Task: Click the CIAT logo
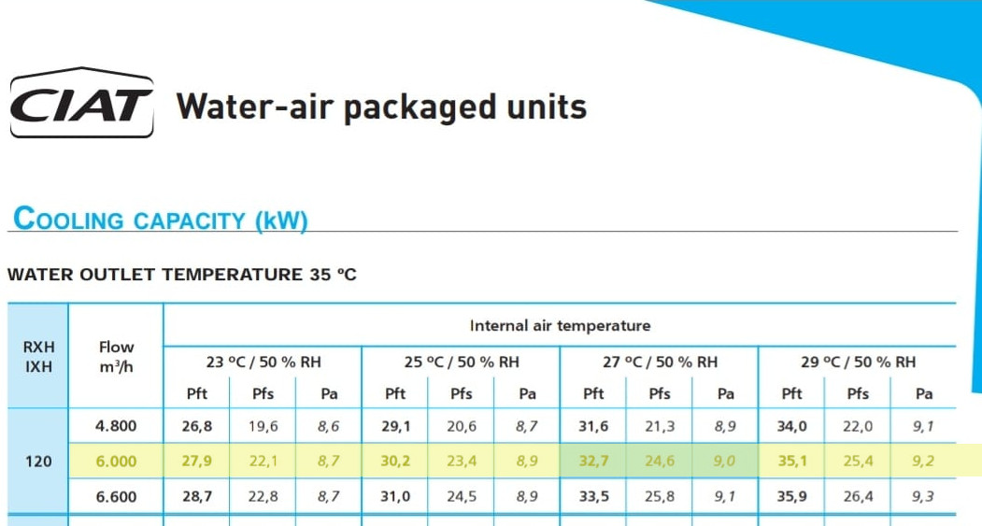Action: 81,102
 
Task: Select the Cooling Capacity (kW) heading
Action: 161,220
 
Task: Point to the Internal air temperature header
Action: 560,326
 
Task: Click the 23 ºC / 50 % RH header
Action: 263,362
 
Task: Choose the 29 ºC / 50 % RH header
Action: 858,362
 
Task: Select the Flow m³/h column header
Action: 116,356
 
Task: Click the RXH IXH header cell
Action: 39,356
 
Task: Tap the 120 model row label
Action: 38,462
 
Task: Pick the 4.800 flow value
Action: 116,426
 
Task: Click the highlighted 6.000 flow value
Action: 116,462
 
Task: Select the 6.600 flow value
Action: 116,496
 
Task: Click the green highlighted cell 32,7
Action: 593,462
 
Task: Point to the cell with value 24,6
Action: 660,462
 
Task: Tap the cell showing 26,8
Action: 196,426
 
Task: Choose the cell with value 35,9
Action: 791,496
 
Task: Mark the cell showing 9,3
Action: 922,496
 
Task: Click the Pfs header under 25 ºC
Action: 461,394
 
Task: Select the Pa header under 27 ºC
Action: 725,394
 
